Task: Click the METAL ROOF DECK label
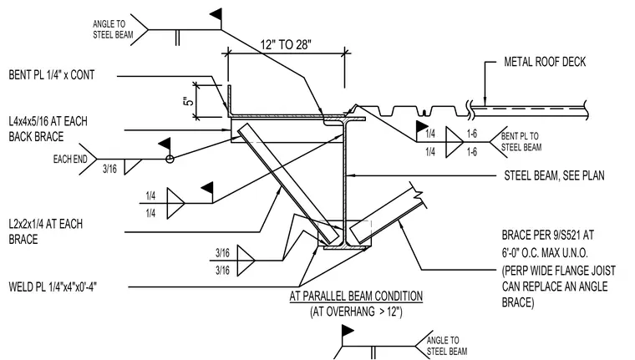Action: click(545, 62)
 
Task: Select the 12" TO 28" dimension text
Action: click(286, 44)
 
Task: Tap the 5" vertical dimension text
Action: click(189, 101)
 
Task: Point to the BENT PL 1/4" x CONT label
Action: click(52, 75)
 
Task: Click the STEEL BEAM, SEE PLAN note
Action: click(554, 175)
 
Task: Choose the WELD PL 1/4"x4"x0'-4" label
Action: click(53, 287)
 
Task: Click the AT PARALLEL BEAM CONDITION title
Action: click(356, 296)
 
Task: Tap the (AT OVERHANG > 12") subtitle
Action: click(357, 312)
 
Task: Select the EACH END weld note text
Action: click(70, 160)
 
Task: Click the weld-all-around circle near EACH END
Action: click(170, 160)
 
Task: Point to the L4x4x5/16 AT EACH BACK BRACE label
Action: click(48, 129)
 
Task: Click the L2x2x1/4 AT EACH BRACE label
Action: click(45, 231)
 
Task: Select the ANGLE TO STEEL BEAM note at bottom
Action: click(447, 346)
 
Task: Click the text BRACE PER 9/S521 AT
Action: click(548, 235)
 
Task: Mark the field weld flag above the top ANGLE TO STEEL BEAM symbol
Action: click(216, 15)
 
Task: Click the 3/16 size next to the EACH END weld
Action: click(109, 169)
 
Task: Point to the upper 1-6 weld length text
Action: click(472, 134)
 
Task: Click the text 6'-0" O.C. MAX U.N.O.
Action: click(545, 253)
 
